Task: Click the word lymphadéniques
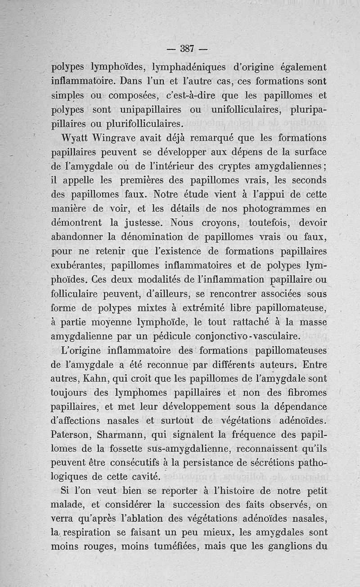(x=190, y=67)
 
